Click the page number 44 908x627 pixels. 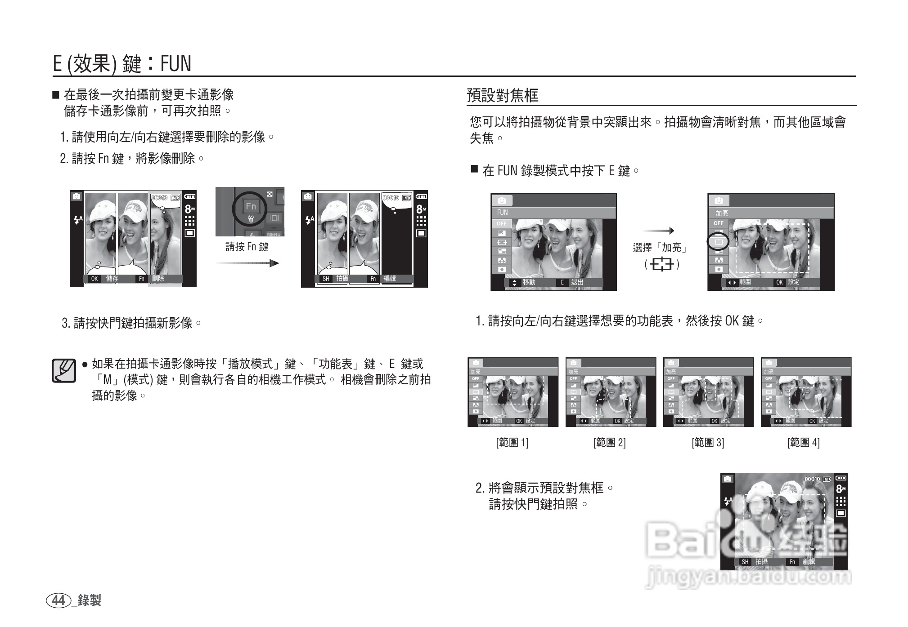click(x=58, y=600)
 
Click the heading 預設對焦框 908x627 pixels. click(x=502, y=95)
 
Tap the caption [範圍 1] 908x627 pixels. click(x=512, y=443)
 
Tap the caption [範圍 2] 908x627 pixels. click(x=609, y=443)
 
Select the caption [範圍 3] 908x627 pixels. click(x=707, y=443)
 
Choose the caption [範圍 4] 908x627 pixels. click(x=803, y=443)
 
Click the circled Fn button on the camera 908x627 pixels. click(x=251, y=207)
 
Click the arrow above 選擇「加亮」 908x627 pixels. click(x=658, y=231)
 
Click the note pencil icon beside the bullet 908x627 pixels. click(x=63, y=371)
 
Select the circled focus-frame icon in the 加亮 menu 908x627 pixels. click(x=719, y=242)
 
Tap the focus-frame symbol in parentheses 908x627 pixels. click(x=662, y=264)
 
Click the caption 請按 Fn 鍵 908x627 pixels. click(x=247, y=247)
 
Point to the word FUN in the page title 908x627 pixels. click(x=175, y=63)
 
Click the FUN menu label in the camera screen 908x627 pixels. click(x=503, y=213)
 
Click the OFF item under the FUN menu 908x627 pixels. click(x=501, y=223)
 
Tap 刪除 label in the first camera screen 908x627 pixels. click(x=158, y=279)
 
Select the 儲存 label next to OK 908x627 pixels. click(x=112, y=279)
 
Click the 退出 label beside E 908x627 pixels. click(x=577, y=282)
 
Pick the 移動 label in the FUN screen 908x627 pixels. click(x=529, y=282)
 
